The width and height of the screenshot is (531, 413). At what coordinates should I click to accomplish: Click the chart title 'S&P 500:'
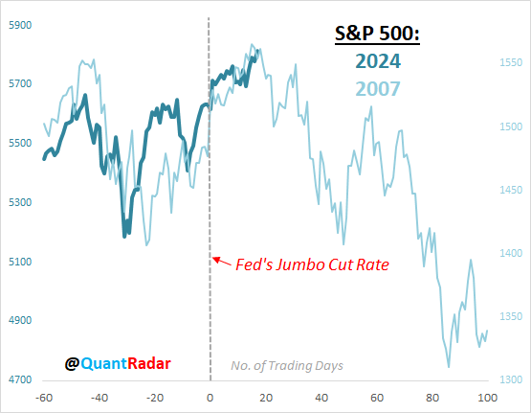(375, 35)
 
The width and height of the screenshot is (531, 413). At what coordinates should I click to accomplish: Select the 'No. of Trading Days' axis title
(286, 365)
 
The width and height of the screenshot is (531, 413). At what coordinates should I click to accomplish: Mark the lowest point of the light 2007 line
(448, 366)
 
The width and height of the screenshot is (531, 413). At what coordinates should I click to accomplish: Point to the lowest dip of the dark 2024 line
(124, 236)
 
